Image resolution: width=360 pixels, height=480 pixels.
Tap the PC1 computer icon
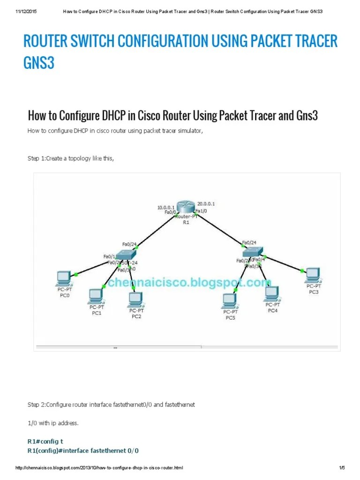tap(96, 295)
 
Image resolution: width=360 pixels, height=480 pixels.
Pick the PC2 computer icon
tap(136, 299)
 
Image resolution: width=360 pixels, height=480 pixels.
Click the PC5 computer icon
tap(229, 300)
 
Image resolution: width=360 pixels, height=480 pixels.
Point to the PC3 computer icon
tap(313, 275)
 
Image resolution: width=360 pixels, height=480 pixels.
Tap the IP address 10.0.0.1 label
tap(166, 207)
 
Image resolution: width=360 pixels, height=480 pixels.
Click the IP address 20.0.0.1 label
tap(206, 204)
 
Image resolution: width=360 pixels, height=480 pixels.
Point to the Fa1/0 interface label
tap(201, 211)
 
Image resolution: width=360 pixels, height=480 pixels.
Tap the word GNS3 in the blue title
tap(39, 63)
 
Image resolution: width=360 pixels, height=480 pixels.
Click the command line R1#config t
tap(52, 441)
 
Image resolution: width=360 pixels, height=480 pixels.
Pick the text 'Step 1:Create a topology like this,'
tap(71, 158)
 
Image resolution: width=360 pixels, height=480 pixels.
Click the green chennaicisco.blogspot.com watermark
tap(187, 283)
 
